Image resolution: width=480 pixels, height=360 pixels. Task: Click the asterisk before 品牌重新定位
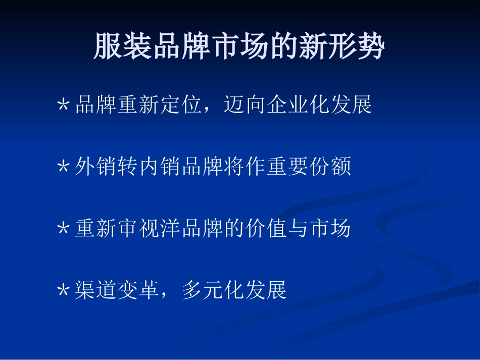[63, 106]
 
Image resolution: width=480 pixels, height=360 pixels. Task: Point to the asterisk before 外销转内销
[63, 168]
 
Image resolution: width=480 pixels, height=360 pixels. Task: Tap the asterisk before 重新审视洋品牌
[63, 230]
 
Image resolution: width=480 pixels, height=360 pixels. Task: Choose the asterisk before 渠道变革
[63, 291]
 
